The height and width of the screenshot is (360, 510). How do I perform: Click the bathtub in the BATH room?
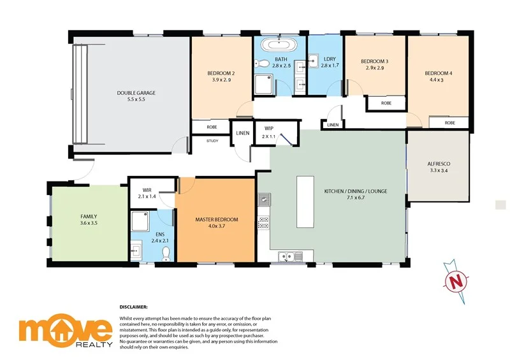280,45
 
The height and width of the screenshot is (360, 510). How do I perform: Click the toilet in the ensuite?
166,254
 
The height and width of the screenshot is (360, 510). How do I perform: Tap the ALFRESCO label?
439,168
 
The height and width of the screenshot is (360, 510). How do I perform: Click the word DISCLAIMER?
133,306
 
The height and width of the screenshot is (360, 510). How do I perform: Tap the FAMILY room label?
89,220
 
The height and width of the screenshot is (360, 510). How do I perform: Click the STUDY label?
212,141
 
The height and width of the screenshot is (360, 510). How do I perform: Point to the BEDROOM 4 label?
439,77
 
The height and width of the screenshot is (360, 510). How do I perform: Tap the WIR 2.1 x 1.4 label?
147,193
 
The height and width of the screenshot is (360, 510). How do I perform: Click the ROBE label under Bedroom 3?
386,103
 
